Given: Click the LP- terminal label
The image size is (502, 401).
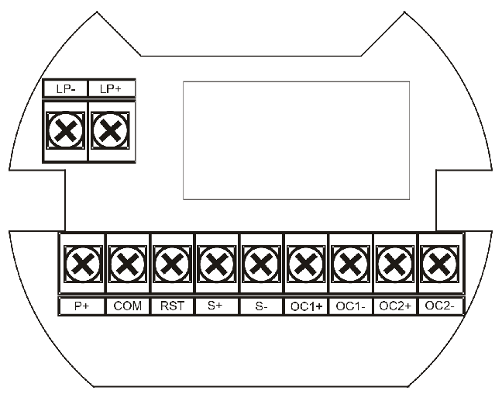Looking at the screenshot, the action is click(x=66, y=88).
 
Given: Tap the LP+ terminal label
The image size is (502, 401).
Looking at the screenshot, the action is click(x=111, y=88).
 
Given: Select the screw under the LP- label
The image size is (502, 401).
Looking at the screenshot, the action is click(x=66, y=130).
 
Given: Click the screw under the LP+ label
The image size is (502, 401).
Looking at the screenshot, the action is click(x=111, y=130).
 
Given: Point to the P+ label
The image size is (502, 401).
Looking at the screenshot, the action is click(x=81, y=306).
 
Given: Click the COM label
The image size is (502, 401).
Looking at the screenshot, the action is click(x=127, y=306).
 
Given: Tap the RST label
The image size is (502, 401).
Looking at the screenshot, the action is click(x=172, y=306).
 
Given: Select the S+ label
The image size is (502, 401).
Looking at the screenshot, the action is click(x=215, y=305).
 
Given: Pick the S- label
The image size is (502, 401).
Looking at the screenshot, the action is click(x=261, y=306).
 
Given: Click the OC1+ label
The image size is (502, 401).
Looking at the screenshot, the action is click(x=306, y=306).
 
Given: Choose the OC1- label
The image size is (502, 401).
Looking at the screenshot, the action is click(x=351, y=306).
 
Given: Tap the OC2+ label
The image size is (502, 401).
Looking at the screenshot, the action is click(x=395, y=306).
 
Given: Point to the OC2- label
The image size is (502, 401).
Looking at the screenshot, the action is click(x=439, y=306).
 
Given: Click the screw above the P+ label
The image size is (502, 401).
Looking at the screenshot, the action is click(x=83, y=264).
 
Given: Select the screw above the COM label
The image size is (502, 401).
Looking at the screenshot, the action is click(x=127, y=264).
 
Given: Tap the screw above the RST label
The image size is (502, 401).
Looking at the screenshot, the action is click(x=172, y=264).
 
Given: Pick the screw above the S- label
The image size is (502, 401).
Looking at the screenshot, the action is click(x=261, y=264).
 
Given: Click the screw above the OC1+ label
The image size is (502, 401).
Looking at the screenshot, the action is click(x=306, y=264).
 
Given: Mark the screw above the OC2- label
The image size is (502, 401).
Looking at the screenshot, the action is click(x=439, y=264).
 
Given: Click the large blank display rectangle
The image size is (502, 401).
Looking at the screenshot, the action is click(x=296, y=140).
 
